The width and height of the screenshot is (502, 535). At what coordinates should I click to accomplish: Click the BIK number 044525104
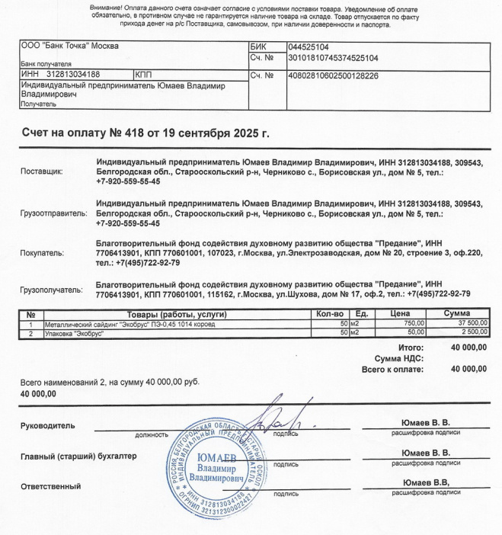coord(309,47)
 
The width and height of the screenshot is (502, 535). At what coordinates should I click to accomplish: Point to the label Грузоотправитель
coord(53,214)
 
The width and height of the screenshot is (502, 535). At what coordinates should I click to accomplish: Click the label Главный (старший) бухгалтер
coord(78,457)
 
